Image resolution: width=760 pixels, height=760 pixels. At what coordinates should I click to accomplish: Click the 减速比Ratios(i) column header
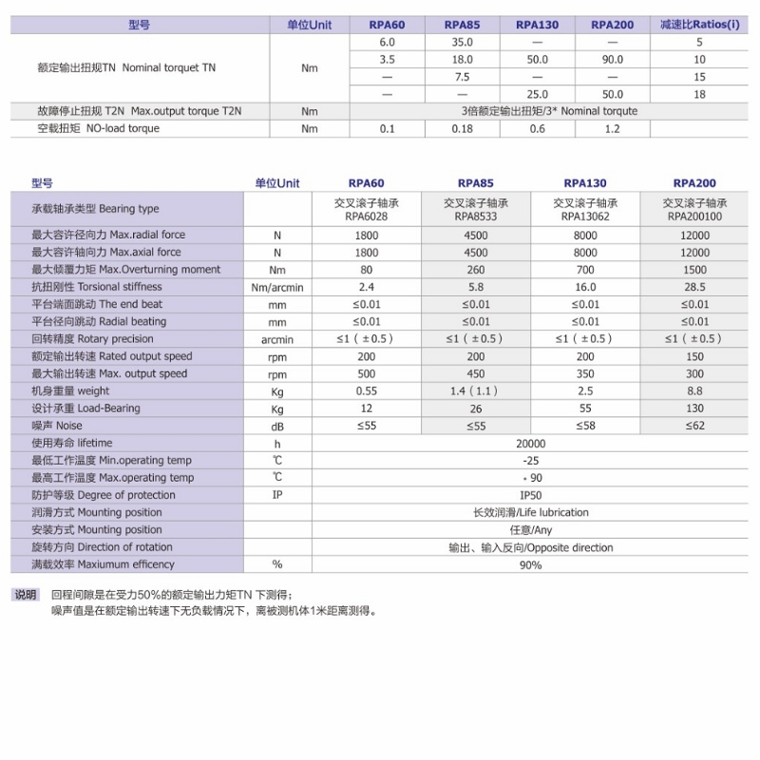699,25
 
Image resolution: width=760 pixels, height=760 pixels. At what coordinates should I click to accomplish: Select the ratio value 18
699,94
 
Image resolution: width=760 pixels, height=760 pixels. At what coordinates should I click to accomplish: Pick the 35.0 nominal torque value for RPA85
462,43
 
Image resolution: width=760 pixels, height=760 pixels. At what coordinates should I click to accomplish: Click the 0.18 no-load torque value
462,129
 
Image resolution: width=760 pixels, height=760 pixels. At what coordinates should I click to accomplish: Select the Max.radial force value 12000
694,236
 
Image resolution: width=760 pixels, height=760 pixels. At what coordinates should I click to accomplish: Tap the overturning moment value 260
476,270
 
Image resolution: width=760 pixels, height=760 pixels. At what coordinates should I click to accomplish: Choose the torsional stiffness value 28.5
694,287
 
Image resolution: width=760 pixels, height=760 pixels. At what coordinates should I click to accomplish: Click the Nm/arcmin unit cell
277,288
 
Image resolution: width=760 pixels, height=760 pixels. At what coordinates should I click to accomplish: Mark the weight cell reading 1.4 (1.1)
476,390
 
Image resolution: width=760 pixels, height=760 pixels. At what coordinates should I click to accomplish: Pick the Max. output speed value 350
586,373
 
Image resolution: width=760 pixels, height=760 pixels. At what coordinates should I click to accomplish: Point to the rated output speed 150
694,356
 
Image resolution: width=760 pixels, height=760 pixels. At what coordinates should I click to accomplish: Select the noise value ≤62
694,426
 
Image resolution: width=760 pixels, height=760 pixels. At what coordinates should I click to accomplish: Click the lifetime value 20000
531,444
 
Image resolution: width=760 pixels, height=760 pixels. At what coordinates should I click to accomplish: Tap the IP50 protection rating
531,495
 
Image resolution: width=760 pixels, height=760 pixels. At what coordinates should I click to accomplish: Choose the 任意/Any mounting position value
531,530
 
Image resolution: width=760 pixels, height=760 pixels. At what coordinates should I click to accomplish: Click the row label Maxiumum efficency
104,564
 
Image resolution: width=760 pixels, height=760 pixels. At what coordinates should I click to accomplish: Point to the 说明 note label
26,595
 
